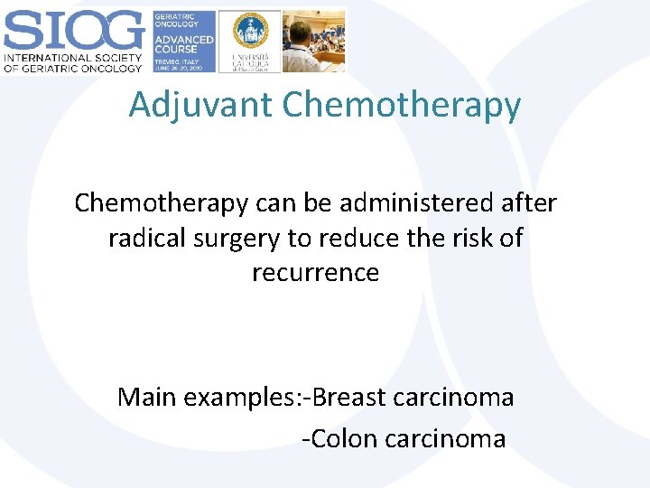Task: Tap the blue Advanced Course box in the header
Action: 183,41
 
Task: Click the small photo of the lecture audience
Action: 313,41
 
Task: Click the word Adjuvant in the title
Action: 200,105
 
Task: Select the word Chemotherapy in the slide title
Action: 401,105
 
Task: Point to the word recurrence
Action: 315,272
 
